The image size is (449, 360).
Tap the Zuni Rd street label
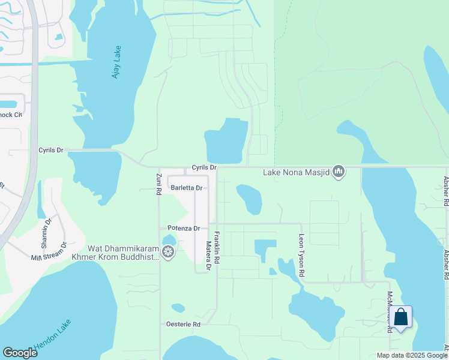pyautogui.click(x=159, y=184)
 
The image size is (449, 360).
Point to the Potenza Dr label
pyautogui.click(x=183, y=229)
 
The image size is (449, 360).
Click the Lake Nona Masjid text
pyautogui.click(x=297, y=173)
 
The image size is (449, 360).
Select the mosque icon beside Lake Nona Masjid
pyautogui.click(x=339, y=173)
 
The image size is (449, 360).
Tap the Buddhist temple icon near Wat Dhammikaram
pyautogui.click(x=169, y=251)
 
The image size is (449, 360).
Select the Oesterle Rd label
pyautogui.click(x=183, y=324)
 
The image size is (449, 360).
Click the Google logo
pyautogui.click(x=20, y=353)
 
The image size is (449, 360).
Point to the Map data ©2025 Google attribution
pyautogui.click(x=411, y=355)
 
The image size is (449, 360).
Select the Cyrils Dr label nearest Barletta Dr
pyautogui.click(x=203, y=167)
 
